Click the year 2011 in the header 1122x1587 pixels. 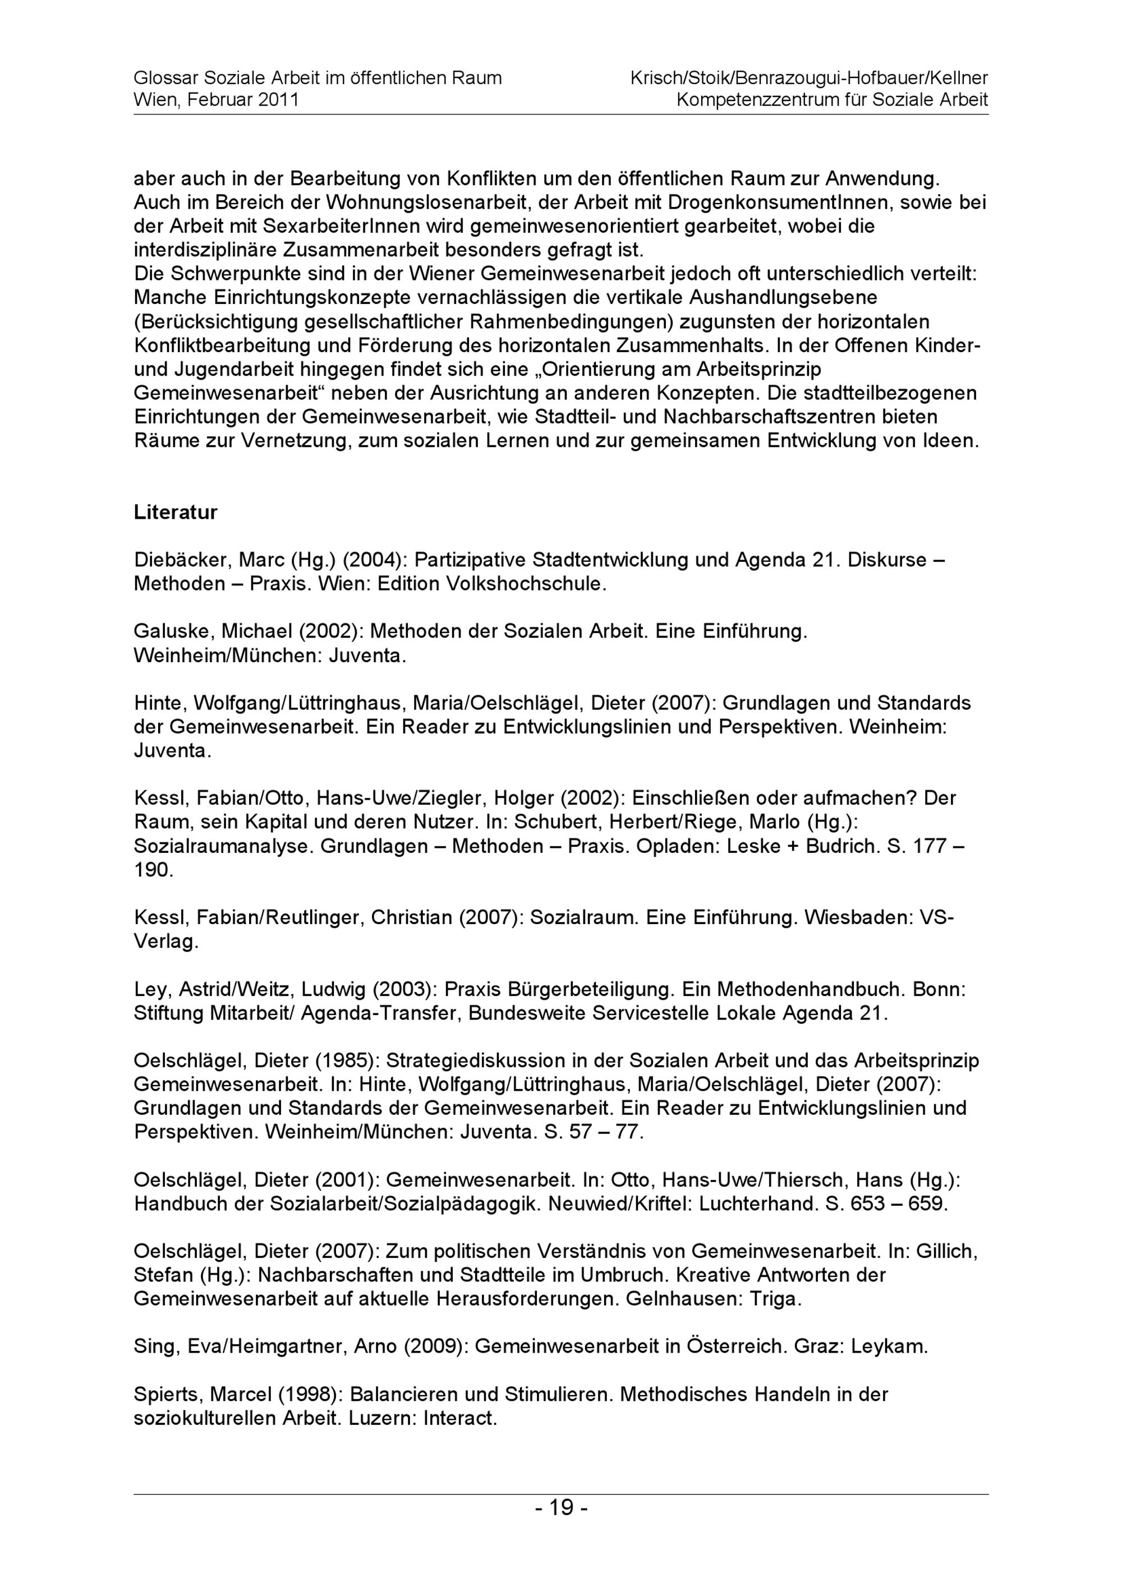pyautogui.click(x=278, y=99)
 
